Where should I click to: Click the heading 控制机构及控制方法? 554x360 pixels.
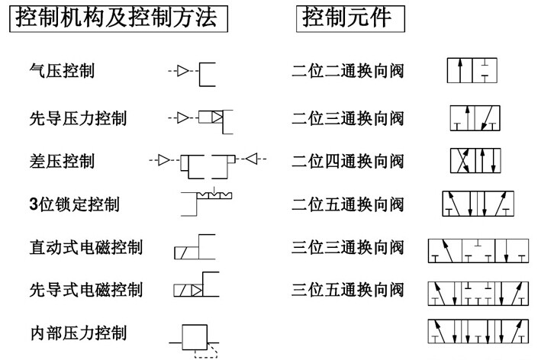[116, 18]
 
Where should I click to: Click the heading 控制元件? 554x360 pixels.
[347, 18]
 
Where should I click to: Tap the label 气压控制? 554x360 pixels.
[62, 71]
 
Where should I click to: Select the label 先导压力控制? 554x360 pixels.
[78, 118]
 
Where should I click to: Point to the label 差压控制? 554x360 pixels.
[62, 161]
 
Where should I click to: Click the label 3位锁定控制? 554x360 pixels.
[75, 204]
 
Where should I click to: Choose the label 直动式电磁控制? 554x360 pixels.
[86, 247]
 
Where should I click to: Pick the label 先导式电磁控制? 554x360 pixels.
[86, 290]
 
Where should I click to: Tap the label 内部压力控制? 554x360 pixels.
[79, 333]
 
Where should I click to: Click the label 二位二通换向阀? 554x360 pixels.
[348, 71]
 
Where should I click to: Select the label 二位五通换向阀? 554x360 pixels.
[348, 204]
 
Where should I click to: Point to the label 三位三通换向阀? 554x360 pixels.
[348, 247]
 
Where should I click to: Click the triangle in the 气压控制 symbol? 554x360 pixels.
[182, 71]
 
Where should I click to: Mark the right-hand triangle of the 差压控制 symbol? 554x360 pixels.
[252, 159]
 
